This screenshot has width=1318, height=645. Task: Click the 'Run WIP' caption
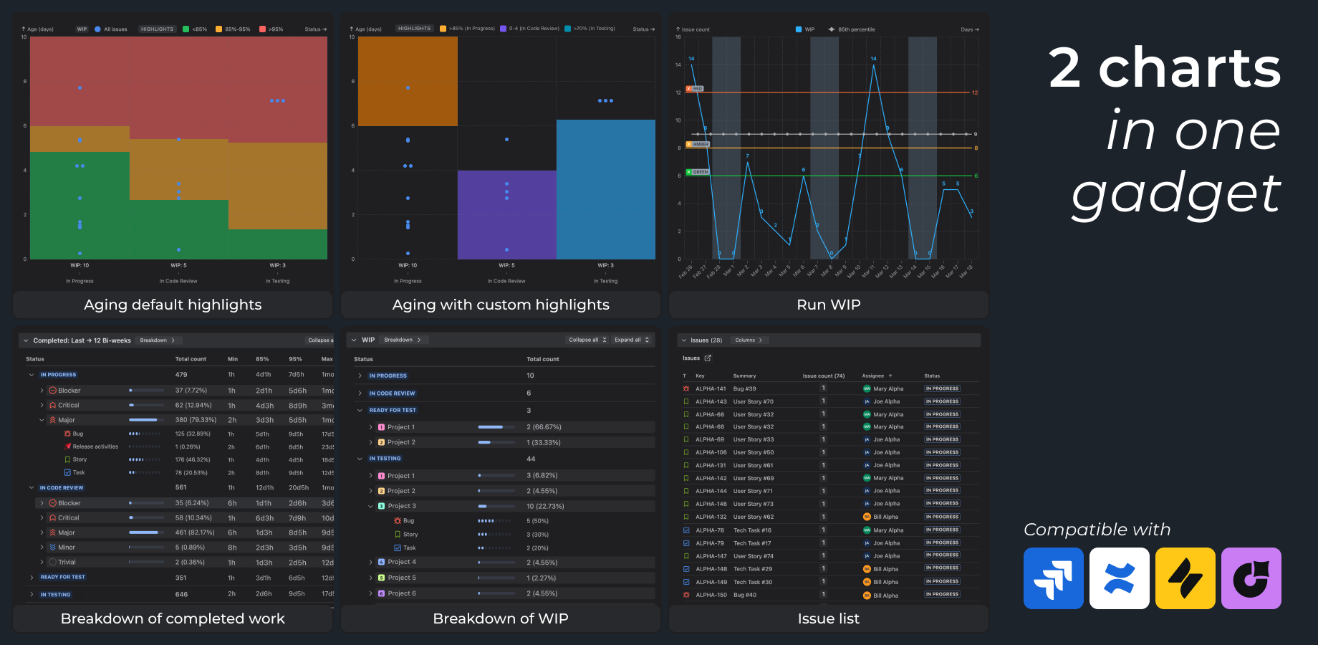828,305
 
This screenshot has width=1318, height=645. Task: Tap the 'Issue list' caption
828,618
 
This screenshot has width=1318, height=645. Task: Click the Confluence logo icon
1119,578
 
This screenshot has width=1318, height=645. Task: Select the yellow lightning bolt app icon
1185,578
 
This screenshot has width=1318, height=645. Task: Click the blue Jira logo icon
1053,578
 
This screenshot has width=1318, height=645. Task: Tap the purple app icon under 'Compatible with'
1251,578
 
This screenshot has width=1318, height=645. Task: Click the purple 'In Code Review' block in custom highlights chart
506,215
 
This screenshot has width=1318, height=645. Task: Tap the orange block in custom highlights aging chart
408,81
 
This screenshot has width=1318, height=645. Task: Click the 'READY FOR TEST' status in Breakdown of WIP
393,410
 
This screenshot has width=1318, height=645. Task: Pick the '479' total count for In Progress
181,375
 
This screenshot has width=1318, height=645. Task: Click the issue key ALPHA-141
711,388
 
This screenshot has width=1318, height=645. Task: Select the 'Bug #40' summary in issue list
744,595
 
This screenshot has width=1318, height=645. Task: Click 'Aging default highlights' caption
173,305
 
